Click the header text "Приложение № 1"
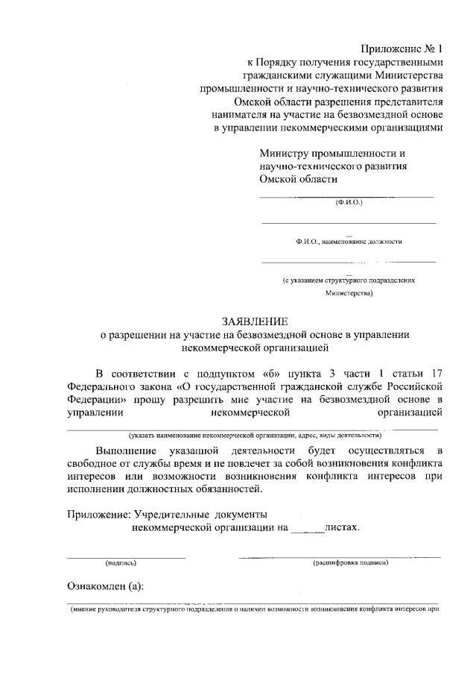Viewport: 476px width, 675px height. tap(402, 48)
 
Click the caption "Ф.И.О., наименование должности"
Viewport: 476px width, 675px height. tap(349, 242)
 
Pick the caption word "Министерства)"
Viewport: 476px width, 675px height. tap(349, 294)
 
